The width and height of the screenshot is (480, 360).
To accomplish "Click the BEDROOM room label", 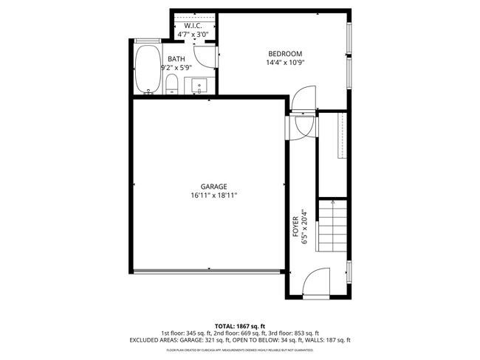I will pyautogui.click(x=285, y=53).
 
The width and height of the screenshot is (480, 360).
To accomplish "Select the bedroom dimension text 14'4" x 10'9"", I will pyautogui.click(x=285, y=62).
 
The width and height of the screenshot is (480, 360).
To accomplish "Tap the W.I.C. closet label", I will pyautogui.click(x=193, y=26).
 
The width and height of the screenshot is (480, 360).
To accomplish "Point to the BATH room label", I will pyautogui.click(x=176, y=58).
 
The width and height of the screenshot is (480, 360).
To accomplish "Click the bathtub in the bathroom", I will pyautogui.click(x=148, y=71).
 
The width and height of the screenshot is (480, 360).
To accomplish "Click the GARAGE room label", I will pyautogui.click(x=213, y=187).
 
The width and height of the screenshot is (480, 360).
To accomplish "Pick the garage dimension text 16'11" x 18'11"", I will pyautogui.click(x=213, y=195).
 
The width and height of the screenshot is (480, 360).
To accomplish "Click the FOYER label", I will pyautogui.click(x=295, y=229).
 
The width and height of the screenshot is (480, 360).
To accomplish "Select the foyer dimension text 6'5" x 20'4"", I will pyautogui.click(x=304, y=229).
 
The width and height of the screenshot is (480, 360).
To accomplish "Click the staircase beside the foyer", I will pyautogui.click(x=332, y=229).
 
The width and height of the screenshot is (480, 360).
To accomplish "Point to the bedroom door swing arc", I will pyautogui.click(x=302, y=99).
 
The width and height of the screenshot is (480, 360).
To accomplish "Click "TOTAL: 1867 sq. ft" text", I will pyautogui.click(x=240, y=325).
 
